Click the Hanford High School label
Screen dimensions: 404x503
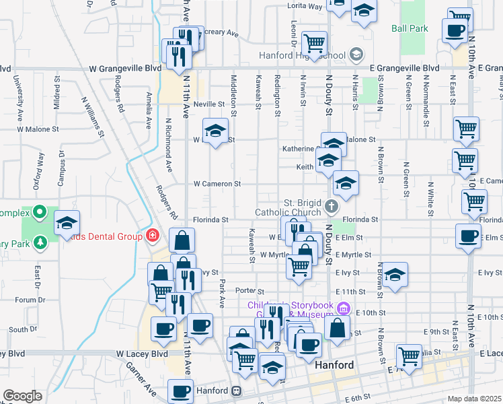click(x=304, y=55)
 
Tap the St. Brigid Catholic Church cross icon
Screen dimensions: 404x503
click(x=331, y=205)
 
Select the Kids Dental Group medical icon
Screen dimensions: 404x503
click(x=153, y=235)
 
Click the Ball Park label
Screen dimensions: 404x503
click(x=410, y=29)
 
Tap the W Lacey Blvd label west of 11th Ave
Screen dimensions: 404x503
click(x=141, y=353)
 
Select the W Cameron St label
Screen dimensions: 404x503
click(x=217, y=183)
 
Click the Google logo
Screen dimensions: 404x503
click(x=22, y=396)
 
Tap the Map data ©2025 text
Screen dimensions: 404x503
click(x=474, y=399)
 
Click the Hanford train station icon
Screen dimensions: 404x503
click(x=237, y=391)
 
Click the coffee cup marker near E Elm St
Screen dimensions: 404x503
click(x=469, y=235)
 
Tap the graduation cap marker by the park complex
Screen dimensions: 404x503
click(x=67, y=222)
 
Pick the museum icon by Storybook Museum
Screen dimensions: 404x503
click(x=344, y=309)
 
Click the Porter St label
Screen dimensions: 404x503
click(x=248, y=291)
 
